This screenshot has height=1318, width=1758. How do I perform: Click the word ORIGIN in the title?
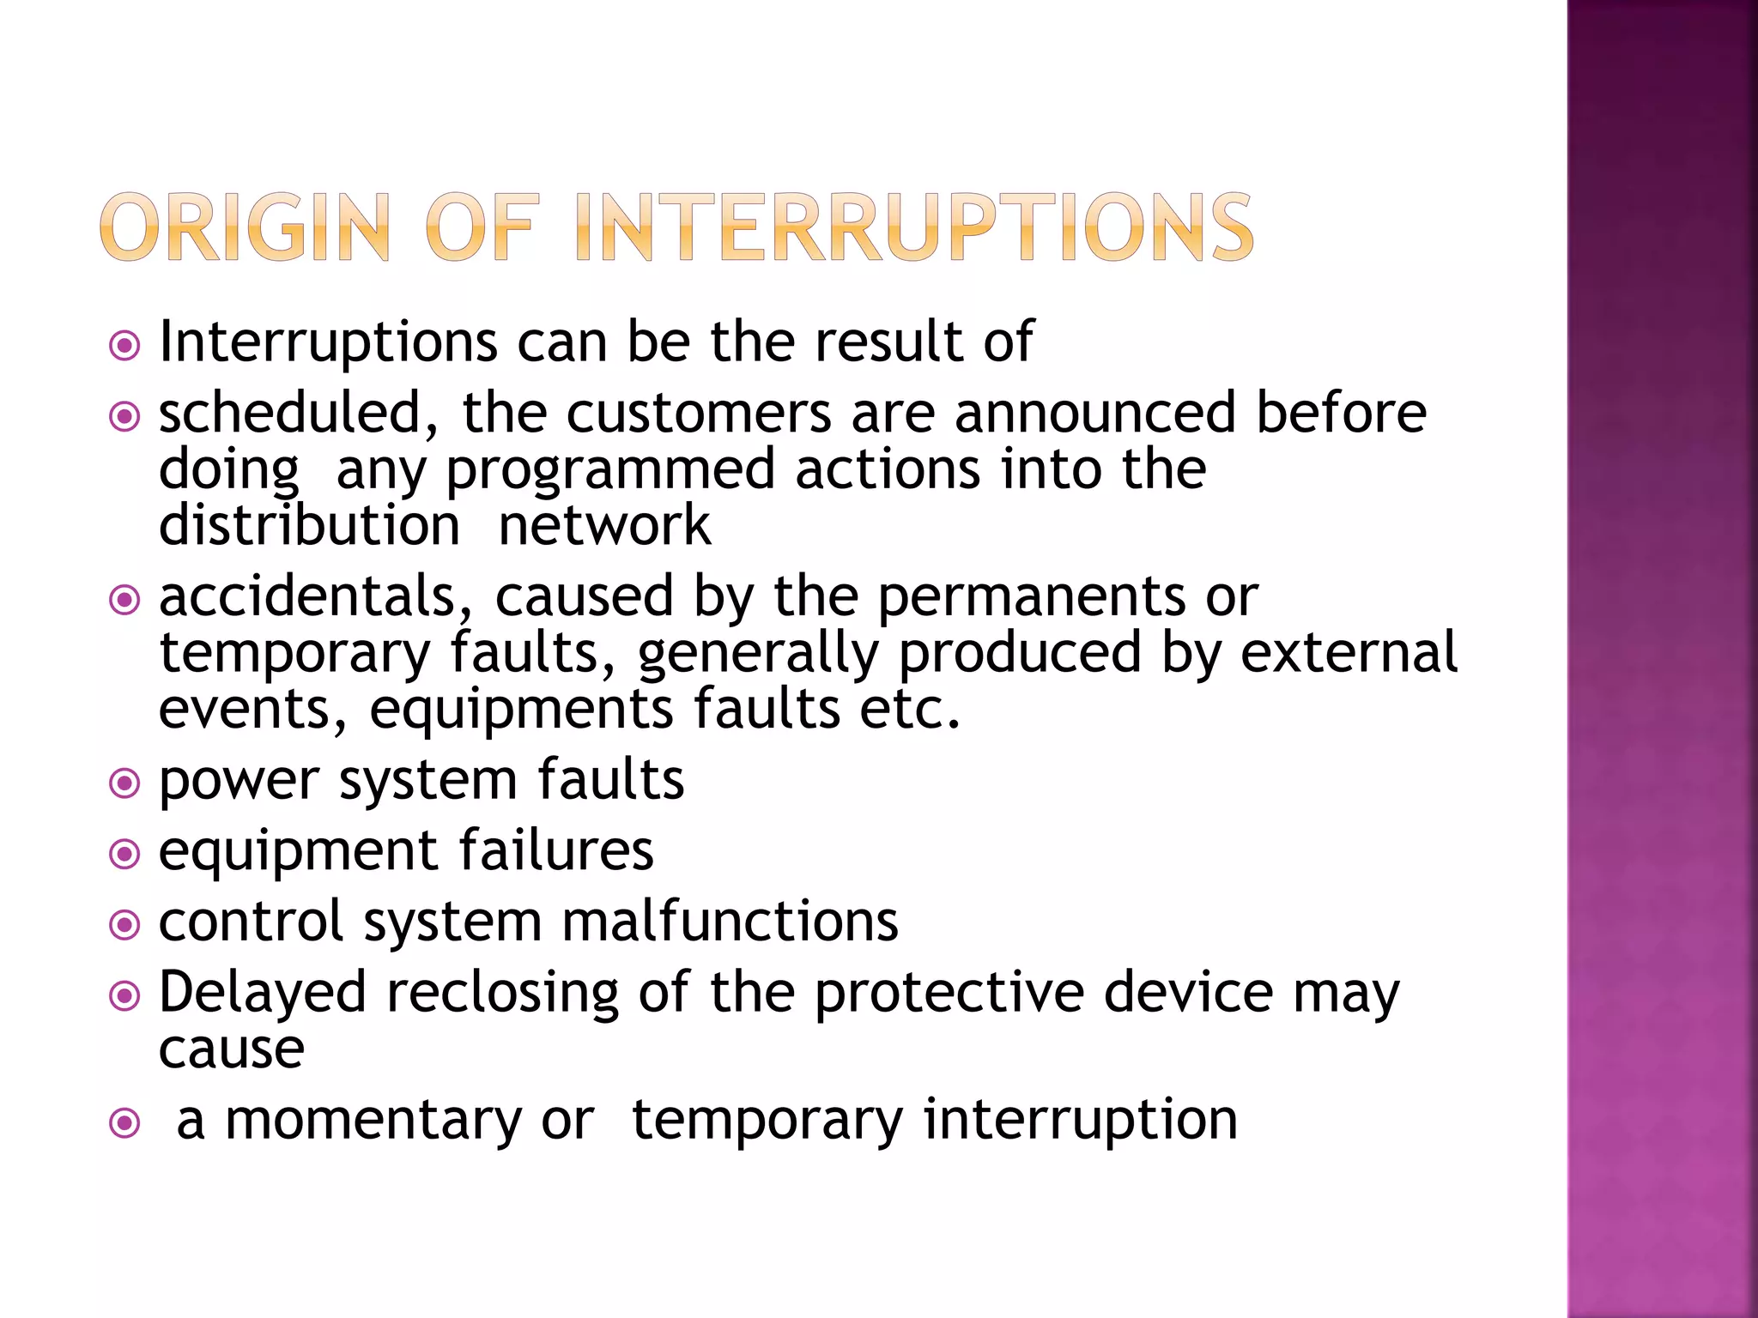point(246,227)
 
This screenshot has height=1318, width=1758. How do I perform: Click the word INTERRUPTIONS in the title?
point(913,227)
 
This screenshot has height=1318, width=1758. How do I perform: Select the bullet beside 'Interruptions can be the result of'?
point(125,347)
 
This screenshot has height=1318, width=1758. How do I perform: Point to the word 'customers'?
point(699,414)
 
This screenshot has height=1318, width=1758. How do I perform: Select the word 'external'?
point(1349,653)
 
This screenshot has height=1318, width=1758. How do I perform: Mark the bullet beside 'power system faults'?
point(125,783)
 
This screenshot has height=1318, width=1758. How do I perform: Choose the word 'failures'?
point(555,850)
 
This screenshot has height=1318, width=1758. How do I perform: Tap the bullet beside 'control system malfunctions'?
point(125,925)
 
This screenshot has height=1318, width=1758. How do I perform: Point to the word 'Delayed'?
point(263,994)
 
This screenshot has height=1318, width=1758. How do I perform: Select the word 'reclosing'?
point(503,994)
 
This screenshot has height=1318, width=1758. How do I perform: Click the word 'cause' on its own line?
point(232,1049)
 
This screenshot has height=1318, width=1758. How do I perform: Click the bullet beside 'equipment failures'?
point(125,854)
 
